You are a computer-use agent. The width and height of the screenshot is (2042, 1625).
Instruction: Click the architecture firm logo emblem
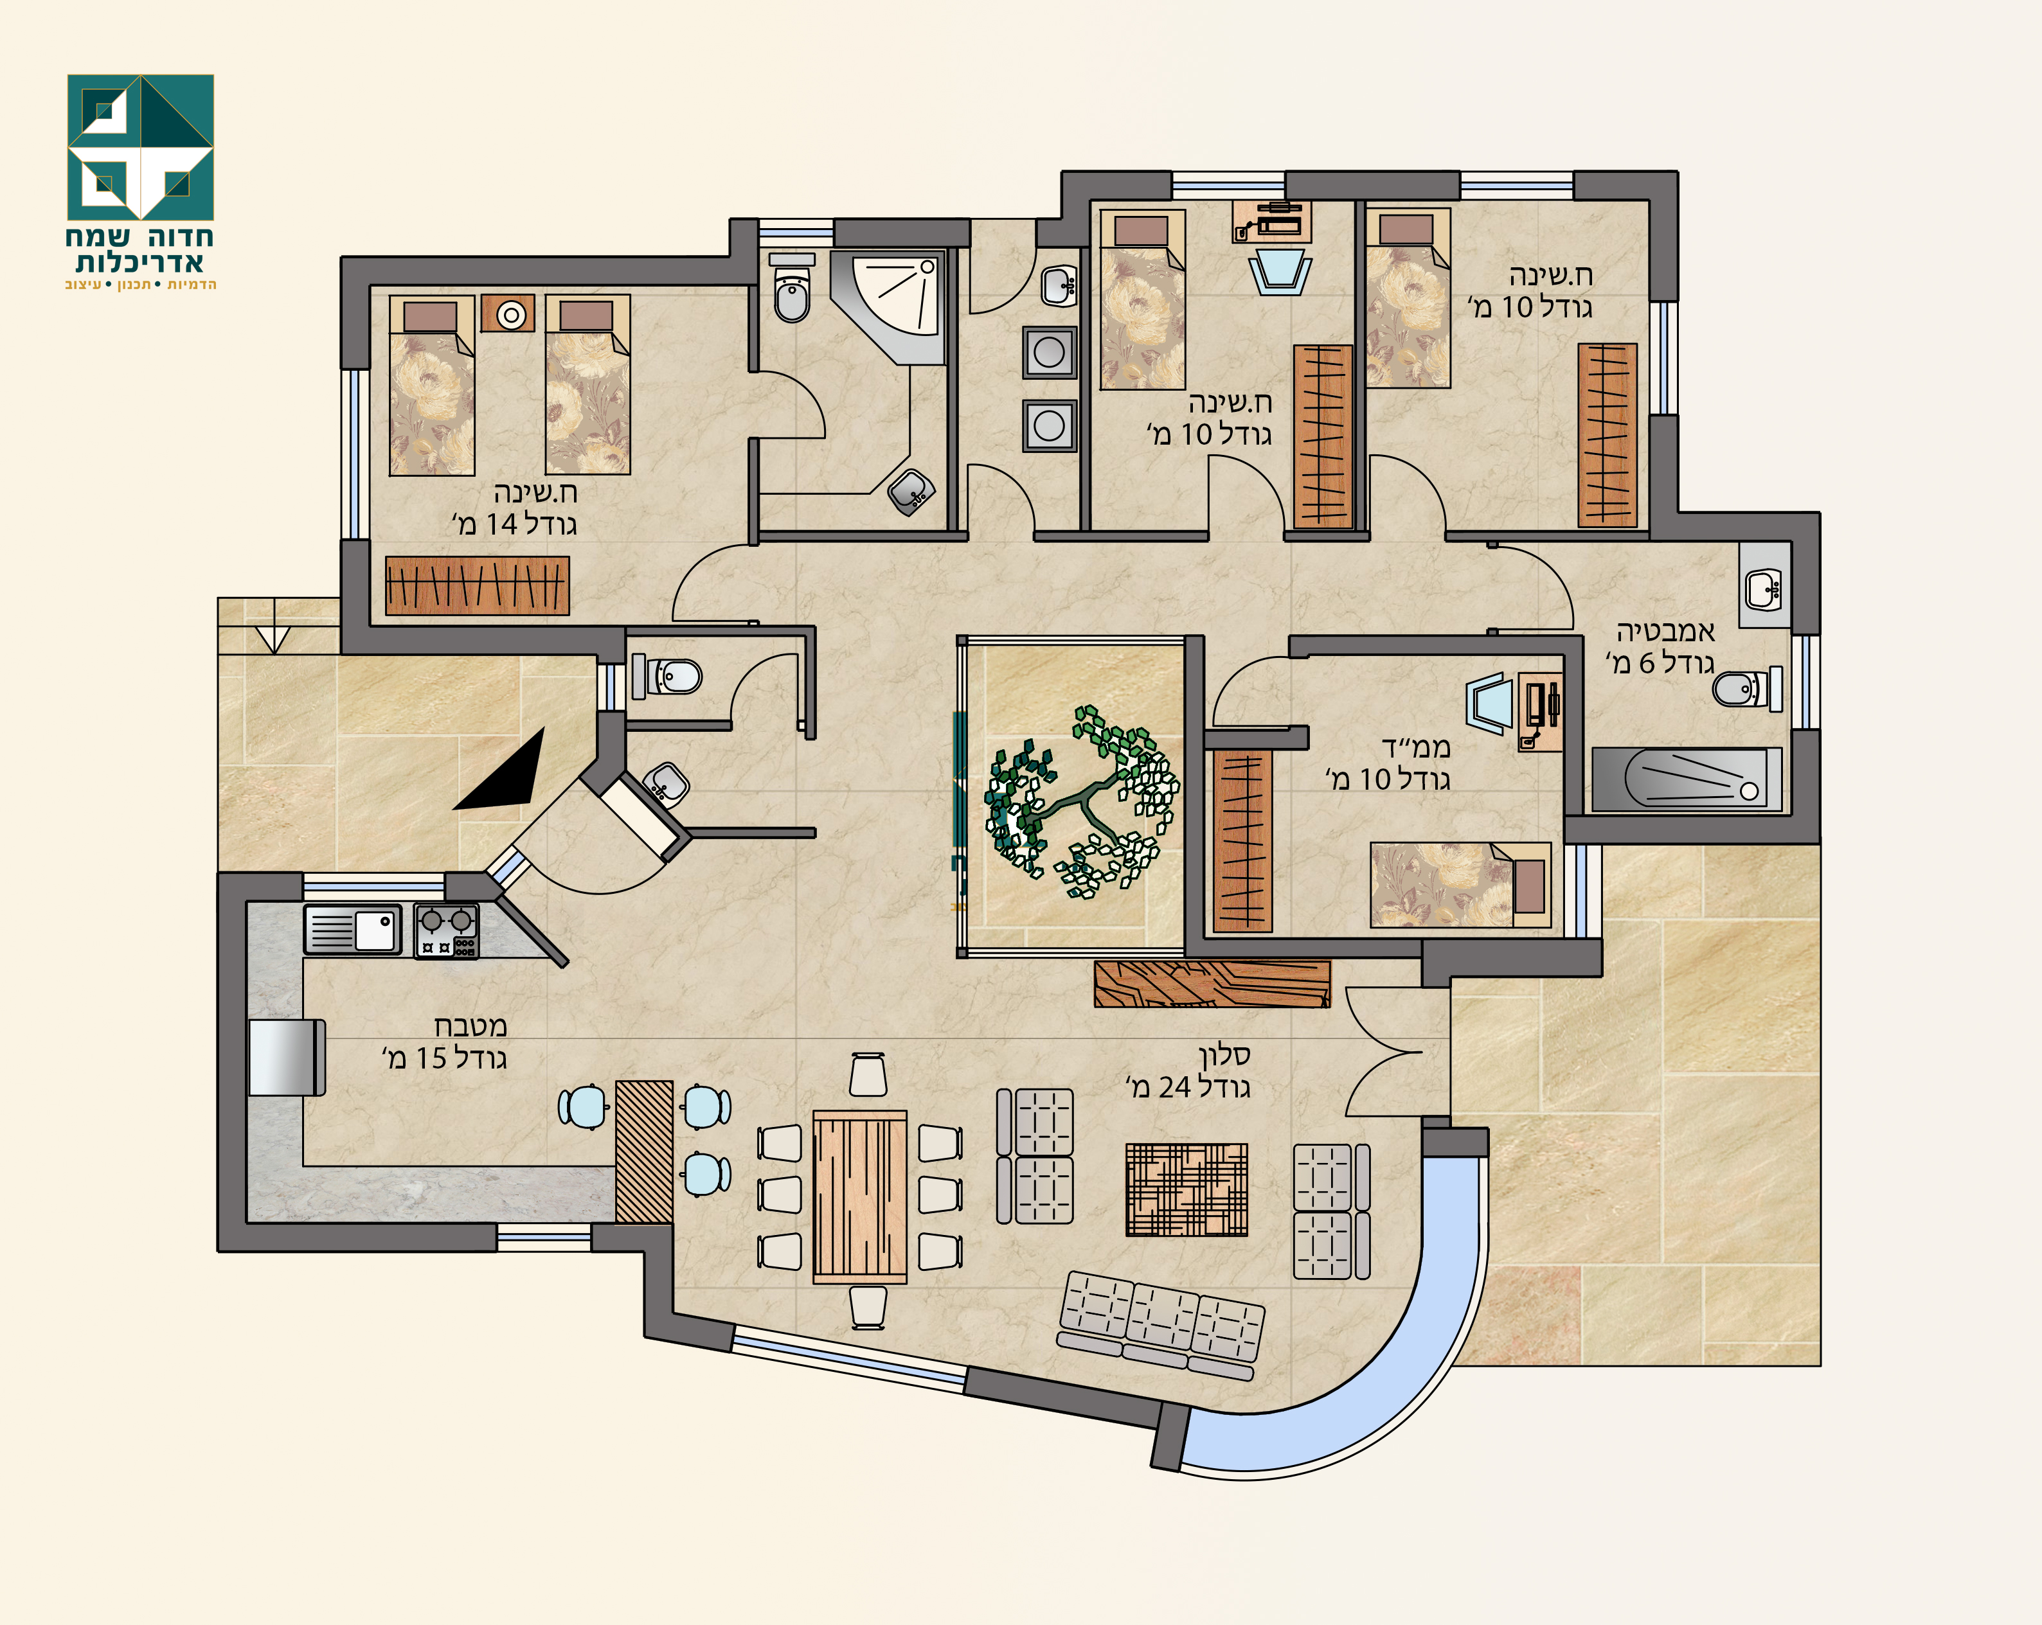click(x=140, y=147)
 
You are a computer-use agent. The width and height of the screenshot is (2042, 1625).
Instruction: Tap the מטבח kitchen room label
click(x=470, y=1026)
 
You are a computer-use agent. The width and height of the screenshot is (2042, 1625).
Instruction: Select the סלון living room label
click(x=1224, y=1054)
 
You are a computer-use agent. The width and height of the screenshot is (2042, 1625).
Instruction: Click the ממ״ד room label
click(x=1416, y=747)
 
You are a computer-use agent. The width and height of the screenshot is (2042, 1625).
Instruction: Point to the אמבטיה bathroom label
click(x=1665, y=632)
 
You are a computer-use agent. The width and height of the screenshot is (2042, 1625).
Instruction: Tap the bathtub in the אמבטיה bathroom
click(x=1686, y=779)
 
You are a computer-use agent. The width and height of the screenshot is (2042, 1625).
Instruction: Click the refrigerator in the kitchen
click(x=287, y=1057)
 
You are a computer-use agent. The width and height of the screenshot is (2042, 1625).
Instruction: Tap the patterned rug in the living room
click(x=1187, y=1189)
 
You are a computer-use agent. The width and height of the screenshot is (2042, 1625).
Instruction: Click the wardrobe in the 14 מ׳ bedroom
click(x=478, y=585)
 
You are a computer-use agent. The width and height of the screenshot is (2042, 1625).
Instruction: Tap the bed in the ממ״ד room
click(x=1460, y=885)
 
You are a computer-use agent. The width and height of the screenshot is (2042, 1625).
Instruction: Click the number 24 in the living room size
click(x=1174, y=1087)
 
